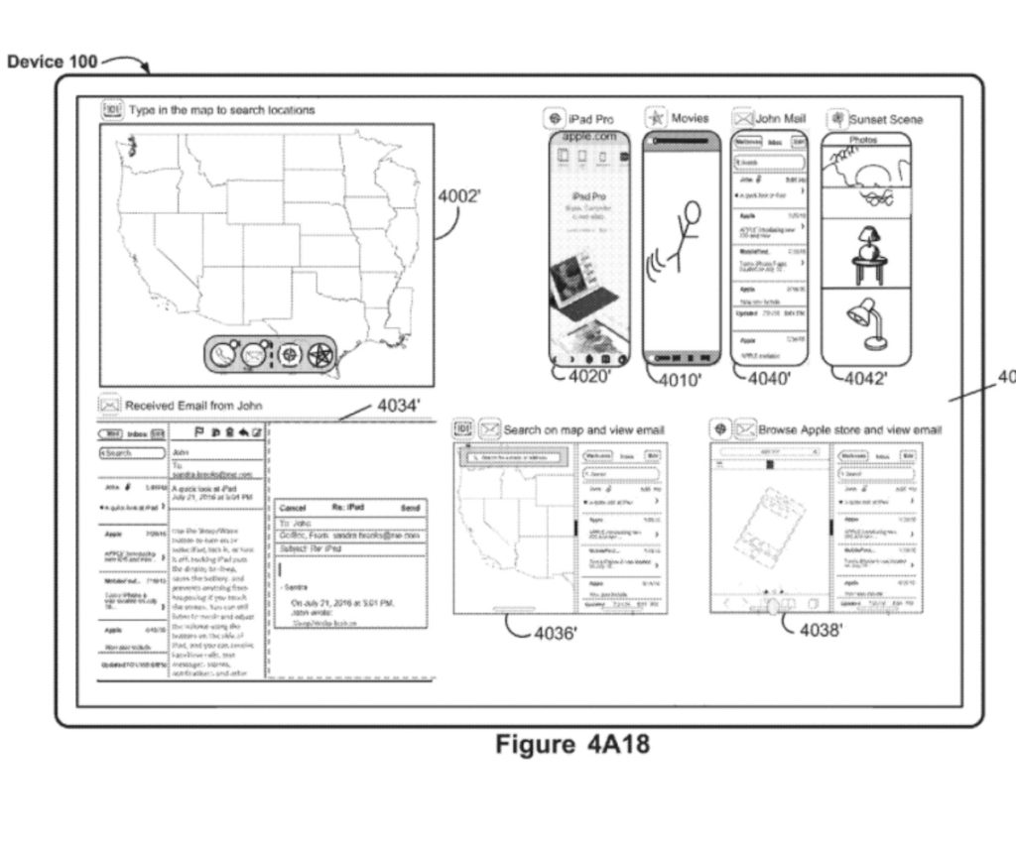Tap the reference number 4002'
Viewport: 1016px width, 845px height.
pyautogui.click(x=459, y=196)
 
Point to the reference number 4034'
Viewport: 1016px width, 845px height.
pyautogui.click(x=399, y=405)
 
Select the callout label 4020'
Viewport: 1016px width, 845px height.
pyautogui.click(x=588, y=376)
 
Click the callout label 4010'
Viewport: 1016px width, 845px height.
pyautogui.click(x=682, y=377)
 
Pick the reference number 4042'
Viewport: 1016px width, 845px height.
pyautogui.click(x=865, y=377)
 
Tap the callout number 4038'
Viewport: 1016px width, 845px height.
pyautogui.click(x=821, y=631)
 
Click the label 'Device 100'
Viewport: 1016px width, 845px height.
pyautogui.click(x=52, y=61)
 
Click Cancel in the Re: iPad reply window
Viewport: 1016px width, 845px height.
pyautogui.click(x=295, y=507)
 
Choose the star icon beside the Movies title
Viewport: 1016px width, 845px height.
pyautogui.click(x=655, y=119)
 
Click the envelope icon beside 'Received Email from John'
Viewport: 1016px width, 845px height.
pyautogui.click(x=109, y=405)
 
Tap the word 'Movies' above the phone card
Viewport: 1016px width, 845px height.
pyautogui.click(x=690, y=119)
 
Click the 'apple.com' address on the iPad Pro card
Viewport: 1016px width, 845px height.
pyautogui.click(x=590, y=136)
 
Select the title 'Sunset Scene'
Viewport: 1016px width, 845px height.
pyautogui.click(x=885, y=119)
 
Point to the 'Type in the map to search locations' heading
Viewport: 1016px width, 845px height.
pyautogui.click(x=222, y=110)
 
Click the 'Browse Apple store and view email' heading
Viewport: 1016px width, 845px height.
pyautogui.click(x=849, y=429)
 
